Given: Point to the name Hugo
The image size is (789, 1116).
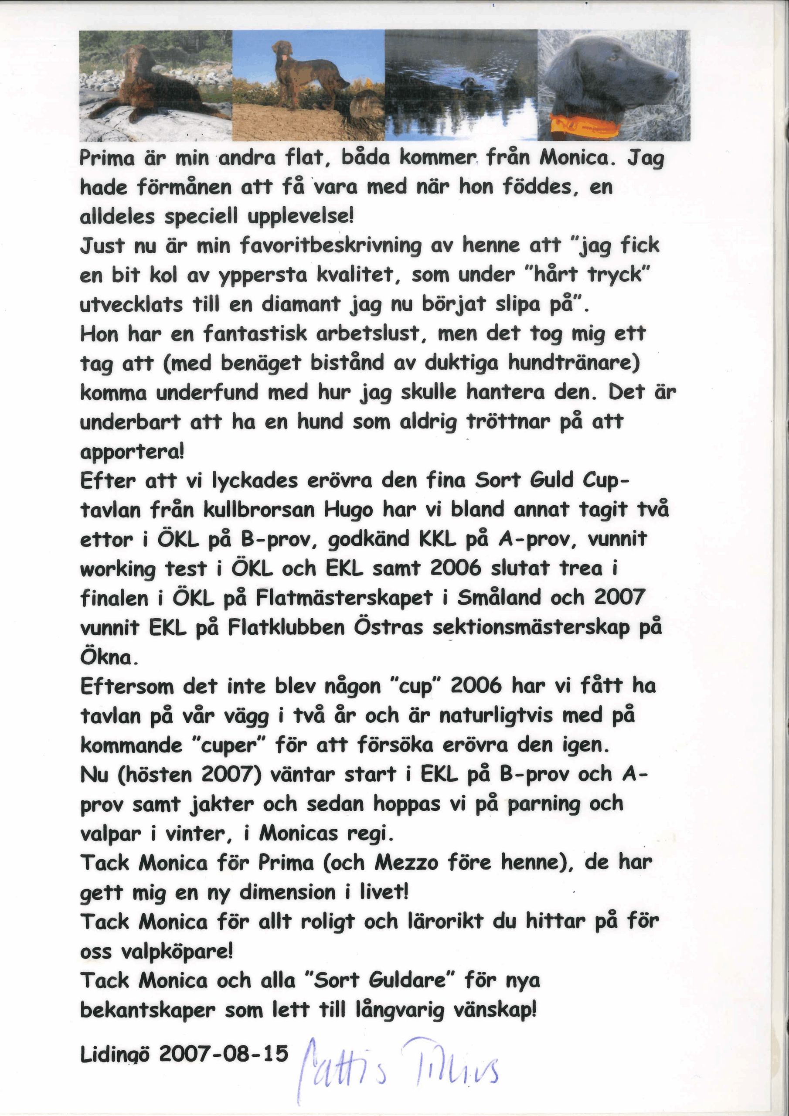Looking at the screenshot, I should pos(348,510).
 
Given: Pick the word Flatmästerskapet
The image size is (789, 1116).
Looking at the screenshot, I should pos(343,598).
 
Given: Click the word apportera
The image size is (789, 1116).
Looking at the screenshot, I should pos(131,452).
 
